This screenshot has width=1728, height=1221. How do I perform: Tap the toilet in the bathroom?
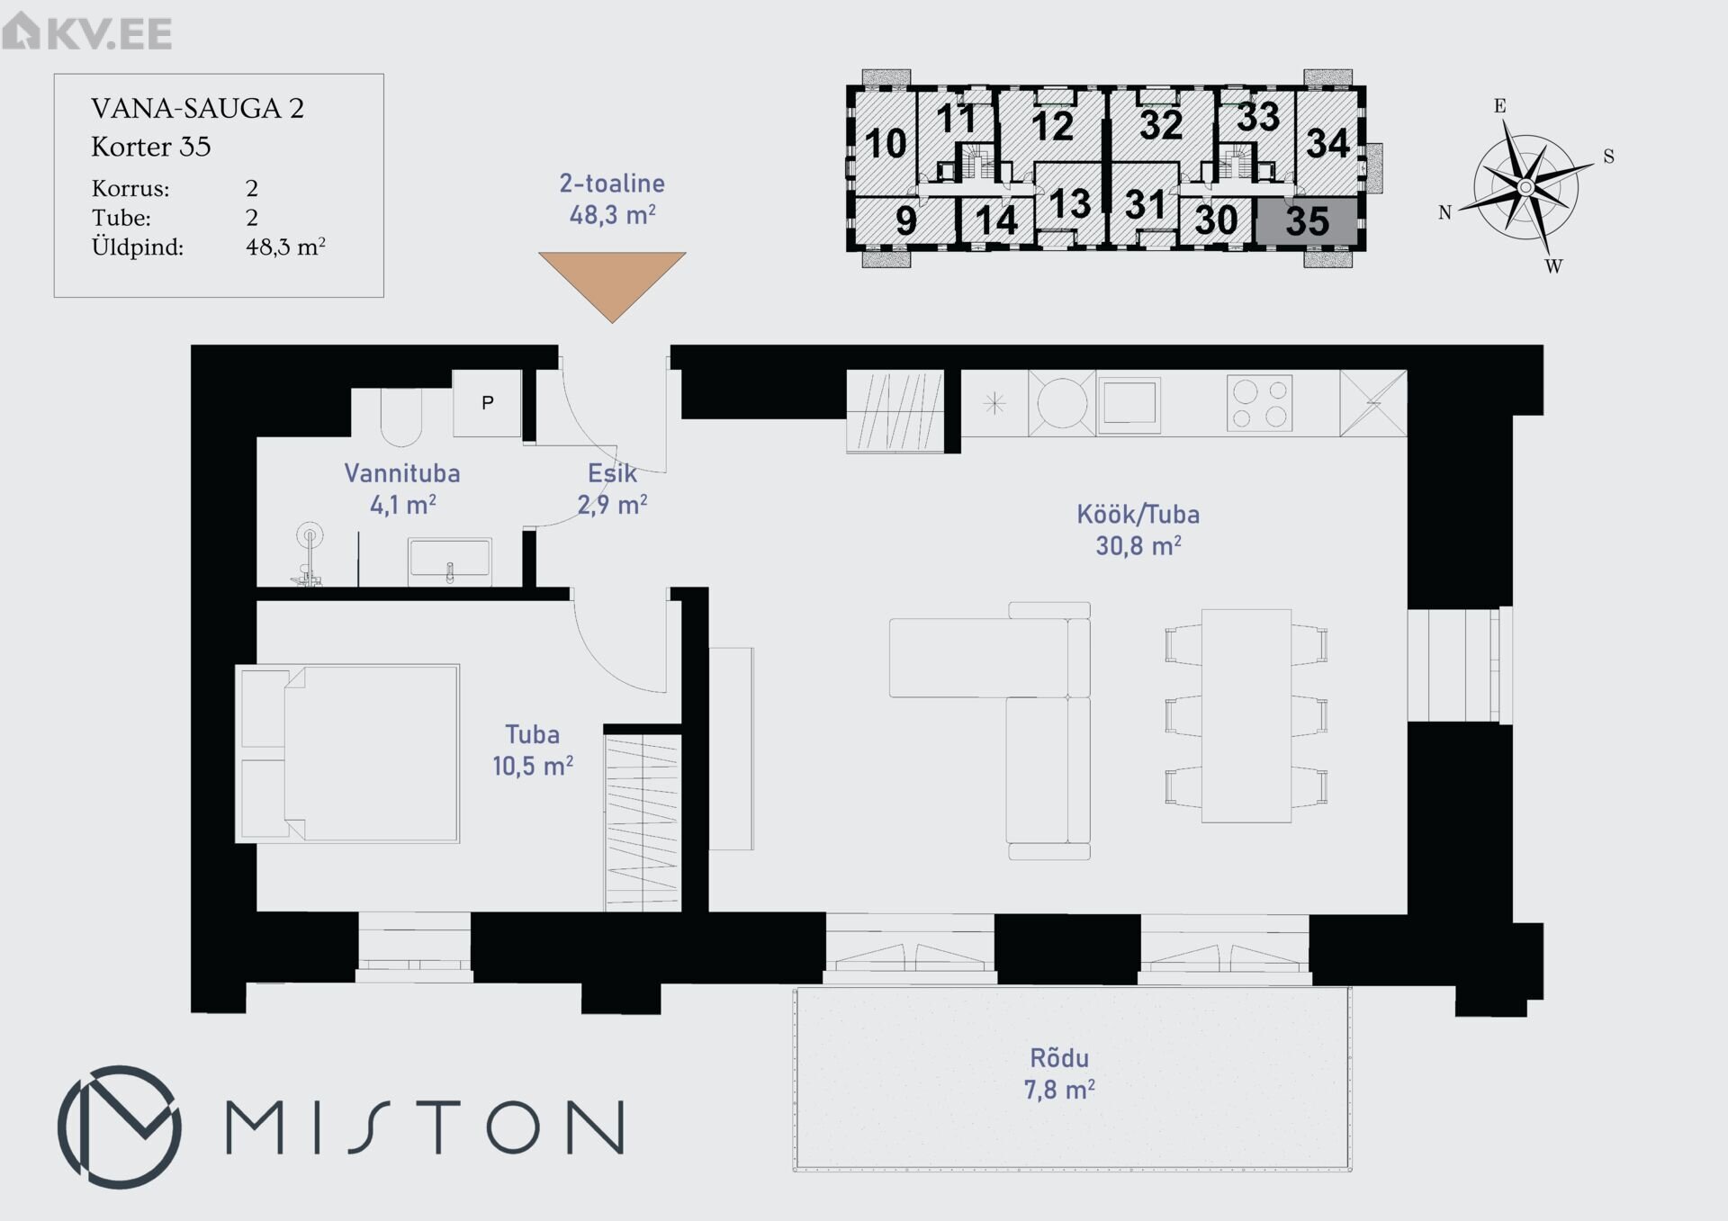click(x=400, y=417)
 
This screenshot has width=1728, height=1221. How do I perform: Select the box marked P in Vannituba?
click(x=487, y=403)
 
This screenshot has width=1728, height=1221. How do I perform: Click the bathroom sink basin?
click(x=450, y=559)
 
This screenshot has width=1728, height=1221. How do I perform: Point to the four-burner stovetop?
click(x=1260, y=403)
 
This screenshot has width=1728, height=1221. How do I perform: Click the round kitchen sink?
click(x=1062, y=403)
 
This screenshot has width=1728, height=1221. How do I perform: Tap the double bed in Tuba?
click(x=348, y=754)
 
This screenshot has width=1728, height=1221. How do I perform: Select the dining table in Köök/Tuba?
click(x=1246, y=715)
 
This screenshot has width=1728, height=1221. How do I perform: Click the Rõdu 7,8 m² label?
click(x=1059, y=1073)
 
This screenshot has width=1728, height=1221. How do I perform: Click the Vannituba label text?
click(x=402, y=473)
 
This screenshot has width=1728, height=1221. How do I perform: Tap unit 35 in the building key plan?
click(x=1307, y=220)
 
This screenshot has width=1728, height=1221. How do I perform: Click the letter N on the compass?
click(x=1444, y=213)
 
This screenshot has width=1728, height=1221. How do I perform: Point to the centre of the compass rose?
click(x=1525, y=187)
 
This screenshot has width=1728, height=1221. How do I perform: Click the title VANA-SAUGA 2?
click(x=198, y=109)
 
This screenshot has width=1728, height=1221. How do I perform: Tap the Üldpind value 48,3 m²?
click(x=285, y=247)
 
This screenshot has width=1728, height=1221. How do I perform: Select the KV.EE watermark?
click(x=87, y=31)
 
